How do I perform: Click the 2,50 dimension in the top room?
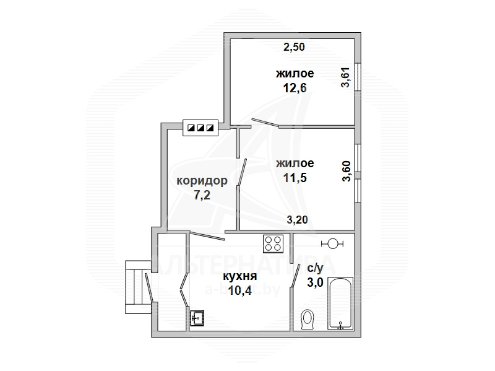pos(294,47)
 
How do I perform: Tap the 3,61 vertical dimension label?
pos(346,77)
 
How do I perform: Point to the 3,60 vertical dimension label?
pos(346,171)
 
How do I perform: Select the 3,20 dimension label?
pos(297,219)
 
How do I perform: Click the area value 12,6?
pos(295,88)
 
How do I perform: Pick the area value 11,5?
pos(295,178)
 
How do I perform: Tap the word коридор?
pos(202,181)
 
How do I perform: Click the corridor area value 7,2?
pos(202,195)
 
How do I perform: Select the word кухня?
pos(240,276)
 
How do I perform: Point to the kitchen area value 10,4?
pos(240,290)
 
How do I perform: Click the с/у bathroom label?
pos(316,268)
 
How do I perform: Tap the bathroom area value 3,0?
pos(316,282)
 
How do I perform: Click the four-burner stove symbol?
pos(273,243)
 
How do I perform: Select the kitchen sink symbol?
pos(197,318)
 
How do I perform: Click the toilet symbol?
pos(307,320)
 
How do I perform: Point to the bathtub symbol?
pos(340,303)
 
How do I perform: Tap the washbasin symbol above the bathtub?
pos(332,243)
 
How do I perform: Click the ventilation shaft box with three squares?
pos(200,128)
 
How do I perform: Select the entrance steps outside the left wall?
pos(137,287)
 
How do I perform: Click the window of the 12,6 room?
pos(358,77)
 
